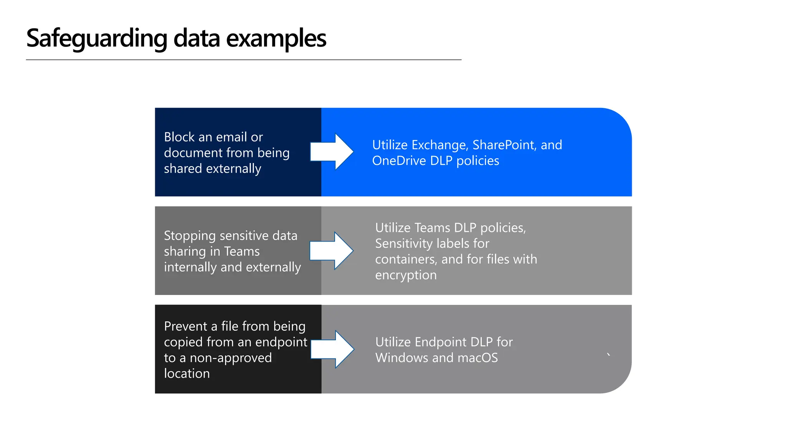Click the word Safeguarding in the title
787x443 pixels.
pyautogui.click(x=96, y=38)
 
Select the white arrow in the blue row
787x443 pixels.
pyautogui.click(x=331, y=152)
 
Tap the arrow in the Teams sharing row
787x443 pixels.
pyautogui.click(x=331, y=251)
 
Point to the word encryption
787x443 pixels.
pyautogui.click(x=406, y=275)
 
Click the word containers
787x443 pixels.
pyautogui.click(x=406, y=260)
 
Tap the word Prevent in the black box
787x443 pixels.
pyautogui.click(x=185, y=326)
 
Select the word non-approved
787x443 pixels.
pyautogui.click(x=231, y=358)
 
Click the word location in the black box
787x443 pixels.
pyautogui.click(x=187, y=374)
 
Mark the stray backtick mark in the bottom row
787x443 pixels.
pyautogui.click(x=608, y=355)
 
